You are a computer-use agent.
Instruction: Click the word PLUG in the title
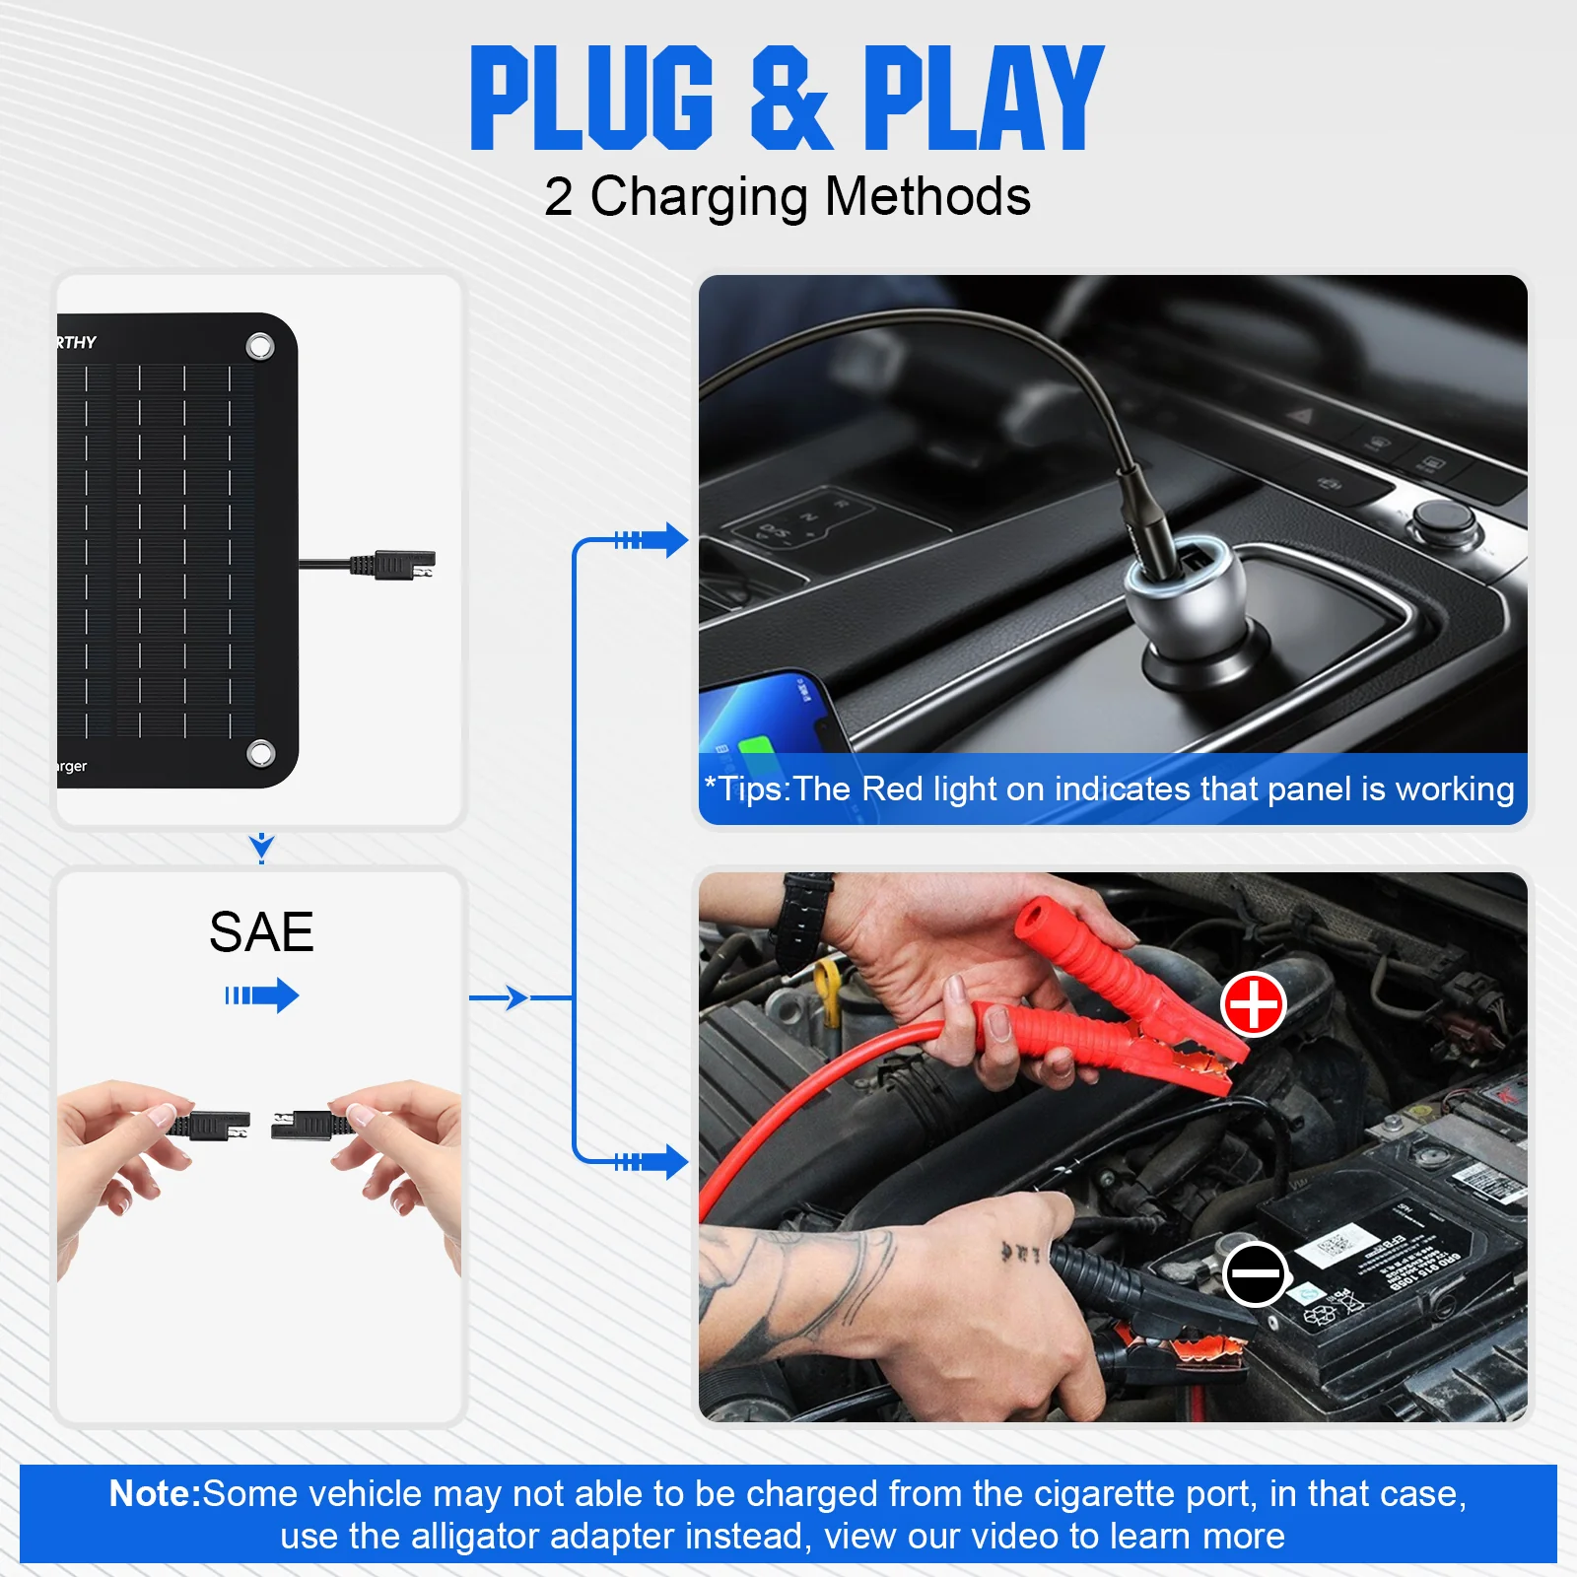pos(591,99)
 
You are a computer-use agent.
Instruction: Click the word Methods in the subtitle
pos(927,196)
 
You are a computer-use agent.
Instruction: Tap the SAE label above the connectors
pos(261,932)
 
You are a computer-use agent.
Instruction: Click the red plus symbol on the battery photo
pos(1253,1004)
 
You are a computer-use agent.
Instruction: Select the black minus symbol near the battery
pos(1255,1273)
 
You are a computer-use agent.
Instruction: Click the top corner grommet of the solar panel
pos(260,347)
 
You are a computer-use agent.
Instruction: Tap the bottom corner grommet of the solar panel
pos(260,754)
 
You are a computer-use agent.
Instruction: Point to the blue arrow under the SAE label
pos(262,995)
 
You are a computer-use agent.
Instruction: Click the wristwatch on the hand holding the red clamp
pos(802,922)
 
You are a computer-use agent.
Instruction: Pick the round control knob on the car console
pos(1440,518)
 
